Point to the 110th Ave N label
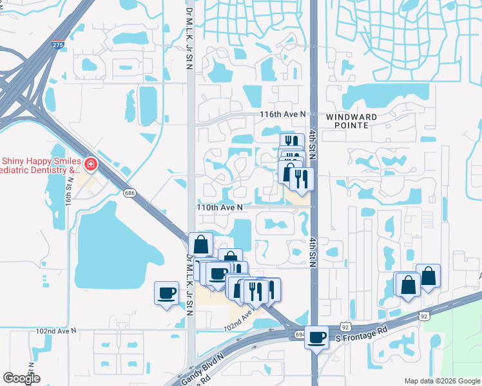coord(220,207)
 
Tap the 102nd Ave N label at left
coord(55,331)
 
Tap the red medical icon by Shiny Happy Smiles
coord(91,165)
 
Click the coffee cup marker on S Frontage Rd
coord(316,336)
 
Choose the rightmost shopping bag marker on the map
coord(428,276)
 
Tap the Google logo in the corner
coord(21,378)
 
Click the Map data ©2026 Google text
coord(441,381)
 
